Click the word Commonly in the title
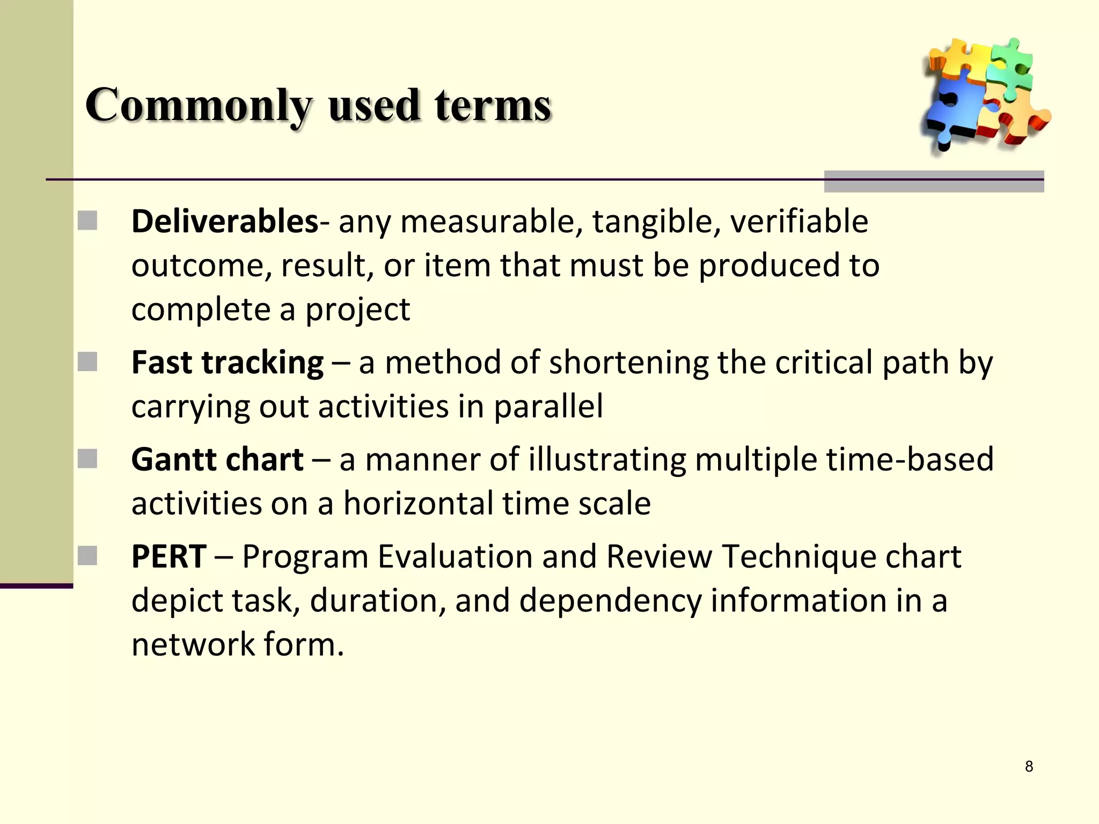[x=198, y=106]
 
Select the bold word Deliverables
[x=225, y=221]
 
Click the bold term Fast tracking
[x=228, y=362]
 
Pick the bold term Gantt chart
[x=217, y=460]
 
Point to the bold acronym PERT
[x=169, y=556]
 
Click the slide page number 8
[x=1029, y=766]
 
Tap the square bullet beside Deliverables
[x=87, y=220]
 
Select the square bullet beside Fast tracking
[x=87, y=362]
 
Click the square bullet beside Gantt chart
[x=87, y=459]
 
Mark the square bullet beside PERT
[x=87, y=556]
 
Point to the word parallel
[x=548, y=406]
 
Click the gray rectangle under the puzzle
[x=934, y=181]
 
